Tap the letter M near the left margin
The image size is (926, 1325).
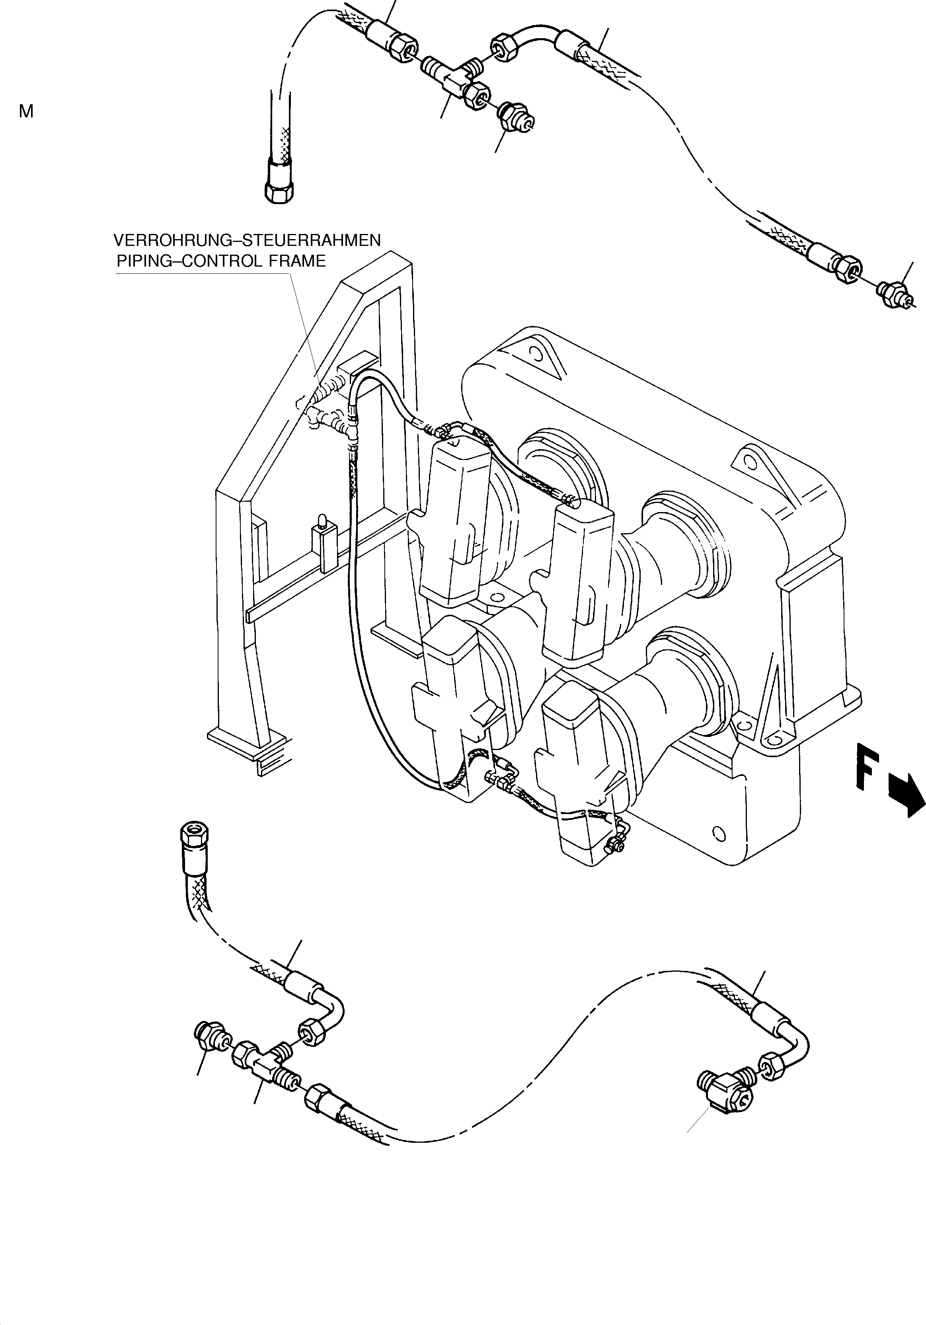26,112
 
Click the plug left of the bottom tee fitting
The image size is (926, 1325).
209,1035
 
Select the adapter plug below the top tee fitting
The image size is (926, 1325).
516,117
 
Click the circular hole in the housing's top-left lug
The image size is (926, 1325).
539,355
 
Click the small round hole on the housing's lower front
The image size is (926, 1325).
718,833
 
